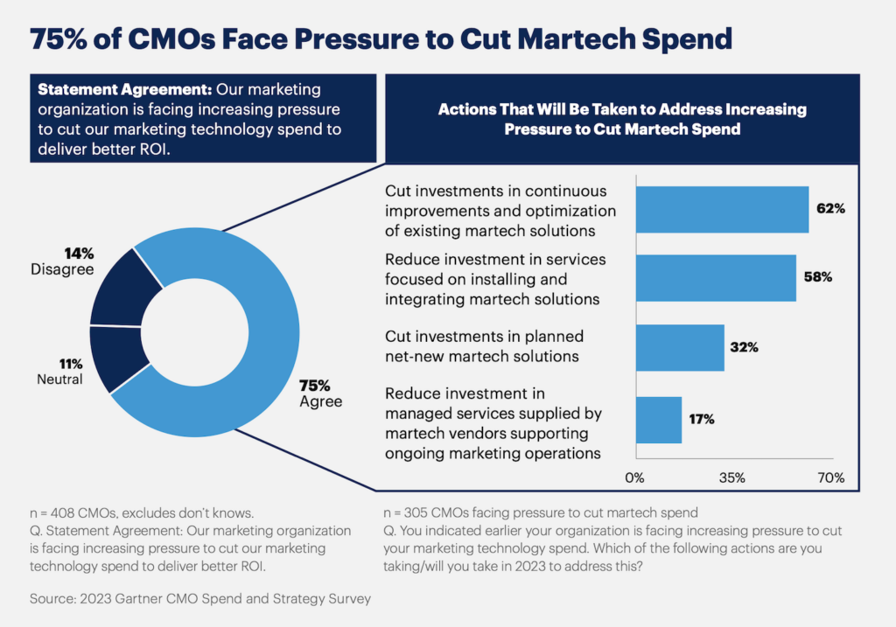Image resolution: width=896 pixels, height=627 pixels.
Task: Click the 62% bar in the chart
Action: coord(721,209)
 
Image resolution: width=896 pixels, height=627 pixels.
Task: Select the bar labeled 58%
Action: coord(715,277)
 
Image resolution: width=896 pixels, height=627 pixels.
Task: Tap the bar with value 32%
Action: coord(679,347)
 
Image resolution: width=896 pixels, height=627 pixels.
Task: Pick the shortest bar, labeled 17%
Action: coord(658,419)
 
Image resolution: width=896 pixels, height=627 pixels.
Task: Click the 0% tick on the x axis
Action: coord(634,478)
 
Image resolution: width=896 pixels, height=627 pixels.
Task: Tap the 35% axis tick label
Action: coord(731,478)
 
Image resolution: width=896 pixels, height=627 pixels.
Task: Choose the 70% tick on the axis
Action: coord(829,478)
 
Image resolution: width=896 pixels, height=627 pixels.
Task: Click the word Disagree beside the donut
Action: coord(61,270)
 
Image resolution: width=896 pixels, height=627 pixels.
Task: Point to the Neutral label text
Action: coord(59,380)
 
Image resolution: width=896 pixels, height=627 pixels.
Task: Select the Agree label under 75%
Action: coord(320,401)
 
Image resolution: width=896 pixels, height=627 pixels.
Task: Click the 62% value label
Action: coord(830,210)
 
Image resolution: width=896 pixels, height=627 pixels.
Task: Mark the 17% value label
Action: coord(701,419)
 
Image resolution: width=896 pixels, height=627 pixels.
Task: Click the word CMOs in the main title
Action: coord(177,39)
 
